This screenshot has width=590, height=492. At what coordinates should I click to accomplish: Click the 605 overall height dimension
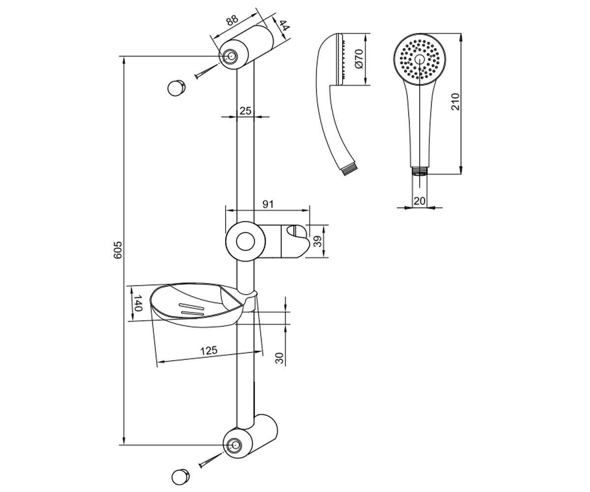click(118, 249)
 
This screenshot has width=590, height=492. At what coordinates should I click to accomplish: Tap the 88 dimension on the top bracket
click(232, 21)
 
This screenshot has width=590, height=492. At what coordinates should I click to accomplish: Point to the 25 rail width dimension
click(245, 111)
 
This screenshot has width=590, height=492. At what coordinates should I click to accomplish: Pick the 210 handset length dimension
click(455, 101)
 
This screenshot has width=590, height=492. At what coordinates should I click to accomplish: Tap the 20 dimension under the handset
click(419, 201)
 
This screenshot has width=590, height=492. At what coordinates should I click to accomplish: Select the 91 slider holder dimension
click(268, 204)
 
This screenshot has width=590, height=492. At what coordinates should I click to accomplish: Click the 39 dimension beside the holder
click(318, 241)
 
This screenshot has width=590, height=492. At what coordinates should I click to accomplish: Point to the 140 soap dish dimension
click(137, 303)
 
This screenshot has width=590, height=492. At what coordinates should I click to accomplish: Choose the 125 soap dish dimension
click(209, 351)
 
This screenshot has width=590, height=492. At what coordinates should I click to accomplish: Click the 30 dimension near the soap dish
click(279, 358)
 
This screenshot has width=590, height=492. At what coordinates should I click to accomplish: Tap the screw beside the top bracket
click(206, 71)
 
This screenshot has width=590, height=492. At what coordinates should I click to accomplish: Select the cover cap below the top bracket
click(176, 89)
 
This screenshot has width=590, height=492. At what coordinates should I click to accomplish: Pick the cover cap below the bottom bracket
click(180, 477)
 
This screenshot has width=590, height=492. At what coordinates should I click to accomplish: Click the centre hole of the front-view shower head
click(419, 59)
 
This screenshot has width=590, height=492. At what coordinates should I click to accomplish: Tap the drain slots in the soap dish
click(192, 309)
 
